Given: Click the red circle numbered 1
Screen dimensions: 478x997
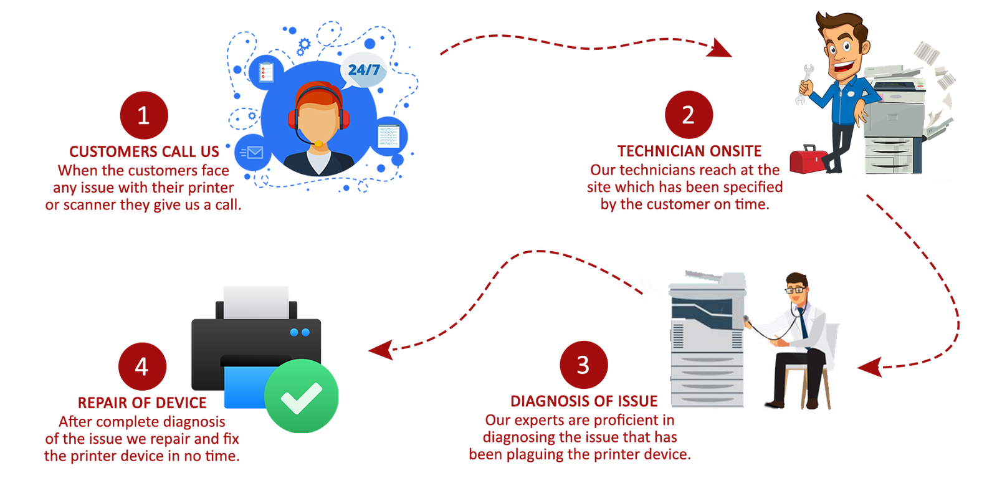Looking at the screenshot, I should coord(143,115).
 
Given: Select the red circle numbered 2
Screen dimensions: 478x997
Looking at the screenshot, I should coord(688,115).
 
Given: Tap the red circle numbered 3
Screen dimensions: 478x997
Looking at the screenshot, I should coord(583,365).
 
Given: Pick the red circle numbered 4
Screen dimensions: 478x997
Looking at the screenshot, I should coord(142,366).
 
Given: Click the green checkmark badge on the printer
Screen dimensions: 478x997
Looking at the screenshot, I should coord(302,396).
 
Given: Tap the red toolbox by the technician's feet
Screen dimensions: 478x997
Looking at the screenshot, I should coord(808,160).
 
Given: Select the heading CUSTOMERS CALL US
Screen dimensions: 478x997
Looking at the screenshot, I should coord(144,151).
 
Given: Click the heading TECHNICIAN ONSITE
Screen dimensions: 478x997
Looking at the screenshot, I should coord(690,151).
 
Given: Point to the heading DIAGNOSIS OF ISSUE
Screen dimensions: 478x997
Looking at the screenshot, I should coord(584,401).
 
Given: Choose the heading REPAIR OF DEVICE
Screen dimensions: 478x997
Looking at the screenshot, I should coord(142,403).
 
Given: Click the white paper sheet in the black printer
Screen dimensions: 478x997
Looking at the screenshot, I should coord(256,301).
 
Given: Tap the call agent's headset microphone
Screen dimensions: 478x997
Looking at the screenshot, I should coord(318,144).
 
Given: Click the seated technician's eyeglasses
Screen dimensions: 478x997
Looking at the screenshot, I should coord(796,290).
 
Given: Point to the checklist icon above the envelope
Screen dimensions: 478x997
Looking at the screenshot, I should coord(266,72).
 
